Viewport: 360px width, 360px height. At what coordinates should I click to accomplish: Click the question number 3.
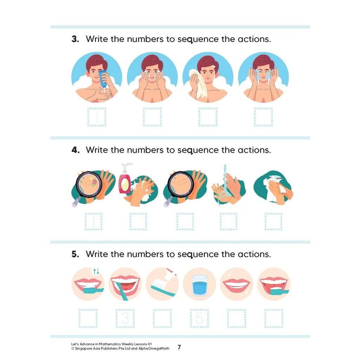click(x=75, y=39)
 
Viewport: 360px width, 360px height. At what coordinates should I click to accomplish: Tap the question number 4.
click(x=76, y=150)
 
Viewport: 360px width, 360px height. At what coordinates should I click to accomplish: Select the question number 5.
click(x=75, y=254)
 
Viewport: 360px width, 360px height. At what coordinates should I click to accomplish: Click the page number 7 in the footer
click(x=179, y=347)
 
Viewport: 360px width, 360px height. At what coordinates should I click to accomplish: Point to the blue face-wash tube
click(x=103, y=78)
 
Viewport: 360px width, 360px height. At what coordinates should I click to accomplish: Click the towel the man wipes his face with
click(x=198, y=83)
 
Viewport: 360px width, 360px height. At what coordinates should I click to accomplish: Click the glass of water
click(x=199, y=285)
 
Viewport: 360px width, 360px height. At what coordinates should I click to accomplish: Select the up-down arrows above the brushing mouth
click(x=96, y=272)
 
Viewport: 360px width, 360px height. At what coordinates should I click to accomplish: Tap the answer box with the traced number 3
click(x=125, y=318)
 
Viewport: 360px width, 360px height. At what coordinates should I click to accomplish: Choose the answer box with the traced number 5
click(x=199, y=318)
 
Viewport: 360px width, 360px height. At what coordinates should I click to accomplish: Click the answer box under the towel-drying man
click(x=208, y=117)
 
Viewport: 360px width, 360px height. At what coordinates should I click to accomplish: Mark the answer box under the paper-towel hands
click(x=273, y=221)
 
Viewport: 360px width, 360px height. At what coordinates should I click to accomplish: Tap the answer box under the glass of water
click(x=199, y=318)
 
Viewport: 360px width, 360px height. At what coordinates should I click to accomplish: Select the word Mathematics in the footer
click(x=110, y=344)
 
